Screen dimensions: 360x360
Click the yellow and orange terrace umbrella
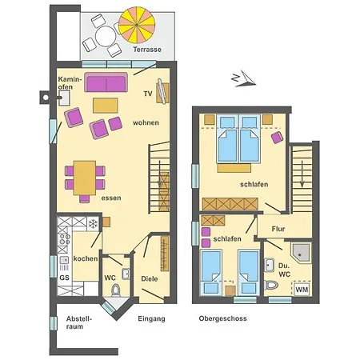137,25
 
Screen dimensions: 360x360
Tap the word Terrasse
147,50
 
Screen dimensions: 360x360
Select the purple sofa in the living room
106,82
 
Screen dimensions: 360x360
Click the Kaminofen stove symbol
64,98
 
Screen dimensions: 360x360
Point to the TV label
148,94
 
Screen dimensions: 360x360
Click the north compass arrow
244,79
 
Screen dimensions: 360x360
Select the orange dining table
85,178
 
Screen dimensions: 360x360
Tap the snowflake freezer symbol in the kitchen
93,223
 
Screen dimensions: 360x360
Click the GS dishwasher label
64,278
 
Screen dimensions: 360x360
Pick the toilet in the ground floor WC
116,290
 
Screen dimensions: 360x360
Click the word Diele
150,279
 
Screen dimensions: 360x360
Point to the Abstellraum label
79,322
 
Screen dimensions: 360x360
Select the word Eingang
151,318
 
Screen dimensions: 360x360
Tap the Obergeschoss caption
223,318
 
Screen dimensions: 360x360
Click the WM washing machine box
302,290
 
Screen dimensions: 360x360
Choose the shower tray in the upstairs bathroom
301,253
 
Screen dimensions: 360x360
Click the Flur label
278,229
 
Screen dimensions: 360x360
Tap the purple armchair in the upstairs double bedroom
277,138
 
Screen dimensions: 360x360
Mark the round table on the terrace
106,36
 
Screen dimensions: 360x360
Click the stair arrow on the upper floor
302,174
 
